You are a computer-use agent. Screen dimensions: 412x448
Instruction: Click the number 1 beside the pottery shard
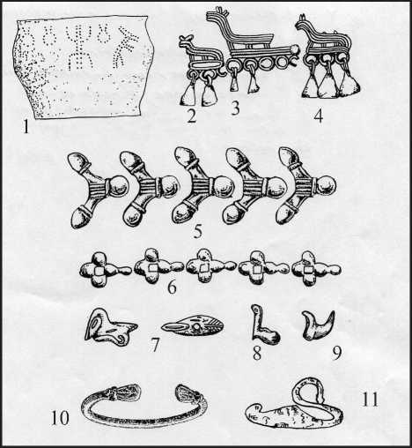pyautogui.click(x=26, y=127)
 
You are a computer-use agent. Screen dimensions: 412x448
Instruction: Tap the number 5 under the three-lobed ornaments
pyautogui.click(x=198, y=231)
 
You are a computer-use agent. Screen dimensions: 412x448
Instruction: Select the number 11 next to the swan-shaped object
pyautogui.click(x=370, y=398)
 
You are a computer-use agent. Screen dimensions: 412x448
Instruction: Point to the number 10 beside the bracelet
pyautogui.click(x=60, y=417)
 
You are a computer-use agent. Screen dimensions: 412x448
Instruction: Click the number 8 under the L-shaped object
pyautogui.click(x=257, y=354)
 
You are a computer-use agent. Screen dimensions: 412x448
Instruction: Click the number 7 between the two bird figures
pyautogui.click(x=155, y=345)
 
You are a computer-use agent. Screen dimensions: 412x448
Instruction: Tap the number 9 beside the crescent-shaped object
pyautogui.click(x=337, y=353)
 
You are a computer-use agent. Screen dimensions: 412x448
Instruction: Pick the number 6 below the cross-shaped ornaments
pyautogui.click(x=172, y=287)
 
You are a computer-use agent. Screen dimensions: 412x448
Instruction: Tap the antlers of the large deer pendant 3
pyautogui.click(x=222, y=11)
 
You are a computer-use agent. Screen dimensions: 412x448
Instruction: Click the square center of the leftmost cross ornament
pyautogui.click(x=99, y=270)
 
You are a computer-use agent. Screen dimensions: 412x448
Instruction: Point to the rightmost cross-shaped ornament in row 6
pyautogui.click(x=317, y=269)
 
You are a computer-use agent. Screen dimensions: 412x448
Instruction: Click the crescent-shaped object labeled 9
pyautogui.click(x=318, y=328)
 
